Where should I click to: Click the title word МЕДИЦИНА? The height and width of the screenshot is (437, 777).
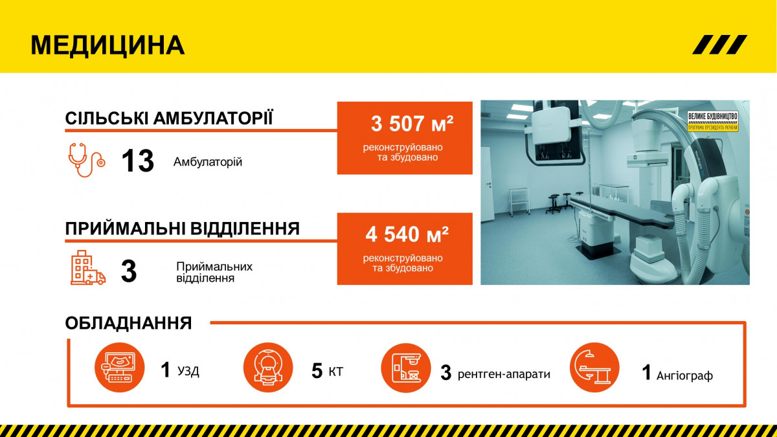tap(107, 45)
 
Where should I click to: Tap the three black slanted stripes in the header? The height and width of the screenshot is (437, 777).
tap(719, 45)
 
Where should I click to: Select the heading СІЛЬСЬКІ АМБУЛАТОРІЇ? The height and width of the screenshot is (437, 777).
tap(169, 118)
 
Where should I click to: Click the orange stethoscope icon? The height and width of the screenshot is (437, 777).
tap(87, 160)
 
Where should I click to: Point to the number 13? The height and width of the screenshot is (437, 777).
tap(138, 161)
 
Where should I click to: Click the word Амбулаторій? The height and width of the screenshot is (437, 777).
tap(208, 162)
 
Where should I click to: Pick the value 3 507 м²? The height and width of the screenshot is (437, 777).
tap(412, 124)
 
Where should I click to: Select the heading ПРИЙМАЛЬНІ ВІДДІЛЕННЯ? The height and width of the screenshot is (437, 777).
tap(183, 229)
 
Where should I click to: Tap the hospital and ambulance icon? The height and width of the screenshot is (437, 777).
tap(88, 268)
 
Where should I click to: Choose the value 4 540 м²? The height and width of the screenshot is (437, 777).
tap(407, 234)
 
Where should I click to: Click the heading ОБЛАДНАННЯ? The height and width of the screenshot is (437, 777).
tap(128, 323)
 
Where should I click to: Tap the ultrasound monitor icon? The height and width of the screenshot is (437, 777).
tap(119, 367)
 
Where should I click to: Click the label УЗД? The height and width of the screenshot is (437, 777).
tap(188, 371)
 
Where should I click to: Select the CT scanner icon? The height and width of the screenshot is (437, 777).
tap(268, 367)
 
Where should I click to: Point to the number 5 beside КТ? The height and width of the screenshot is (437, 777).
tap(317, 370)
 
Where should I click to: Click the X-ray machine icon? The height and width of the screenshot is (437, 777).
tap(406, 368)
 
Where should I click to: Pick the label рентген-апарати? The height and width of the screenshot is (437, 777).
tap(504, 374)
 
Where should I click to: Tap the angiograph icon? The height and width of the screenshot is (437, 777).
tap(594, 367)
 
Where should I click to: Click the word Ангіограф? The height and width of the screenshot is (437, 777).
tap(685, 375)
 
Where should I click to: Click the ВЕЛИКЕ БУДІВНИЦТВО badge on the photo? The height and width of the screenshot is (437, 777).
tap(713, 121)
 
